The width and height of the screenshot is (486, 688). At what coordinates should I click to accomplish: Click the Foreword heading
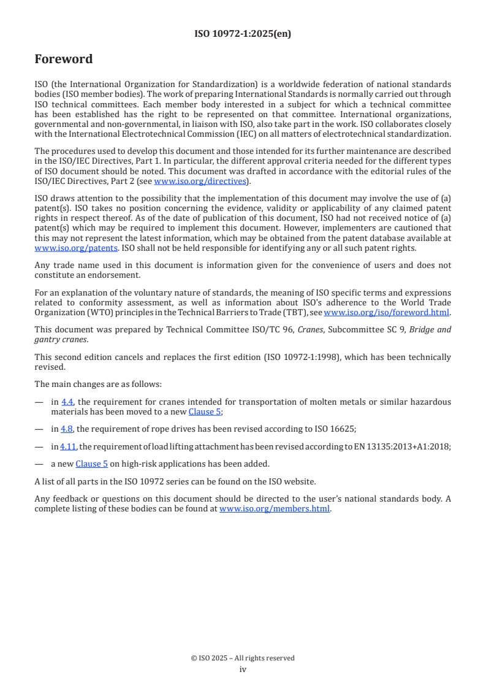point(64,59)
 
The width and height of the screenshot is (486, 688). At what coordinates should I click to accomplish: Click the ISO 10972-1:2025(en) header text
point(243,34)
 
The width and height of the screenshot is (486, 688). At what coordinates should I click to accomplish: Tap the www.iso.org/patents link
point(59,248)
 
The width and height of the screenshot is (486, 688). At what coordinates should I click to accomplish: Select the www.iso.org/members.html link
point(275,508)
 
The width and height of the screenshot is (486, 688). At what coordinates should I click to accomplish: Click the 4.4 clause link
point(67,402)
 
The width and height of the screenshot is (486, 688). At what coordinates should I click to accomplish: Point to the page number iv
point(243,669)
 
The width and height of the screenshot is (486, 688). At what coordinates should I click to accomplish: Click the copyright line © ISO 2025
point(243,658)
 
